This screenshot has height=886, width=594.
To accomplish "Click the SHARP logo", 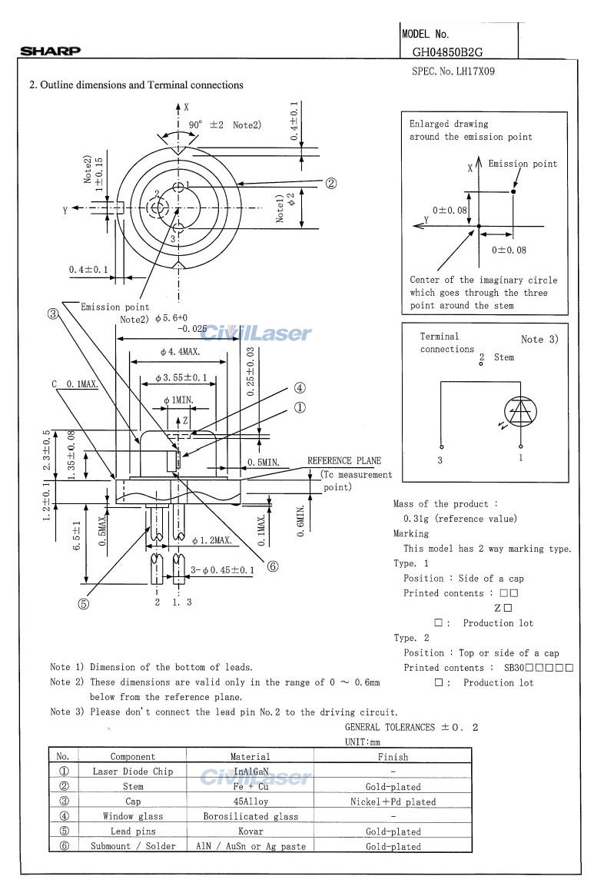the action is (50, 51).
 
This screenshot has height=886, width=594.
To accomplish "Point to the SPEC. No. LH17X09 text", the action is (453, 71).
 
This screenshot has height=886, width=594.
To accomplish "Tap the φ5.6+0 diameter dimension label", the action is (171, 318).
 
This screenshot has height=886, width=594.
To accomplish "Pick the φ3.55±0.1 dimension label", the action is (181, 377).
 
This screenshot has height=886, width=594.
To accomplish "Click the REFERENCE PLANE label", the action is (344, 460).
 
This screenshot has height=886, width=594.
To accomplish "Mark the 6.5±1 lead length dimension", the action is (77, 535).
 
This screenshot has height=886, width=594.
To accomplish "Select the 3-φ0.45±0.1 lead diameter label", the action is (222, 570).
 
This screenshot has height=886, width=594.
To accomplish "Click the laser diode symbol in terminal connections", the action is (520, 411).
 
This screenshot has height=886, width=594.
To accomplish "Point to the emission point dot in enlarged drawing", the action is (513, 191).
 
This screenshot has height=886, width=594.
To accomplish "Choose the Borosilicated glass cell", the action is (251, 817).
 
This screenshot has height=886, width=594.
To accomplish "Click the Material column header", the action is (250, 757).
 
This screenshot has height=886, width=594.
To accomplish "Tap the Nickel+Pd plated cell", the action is (393, 801).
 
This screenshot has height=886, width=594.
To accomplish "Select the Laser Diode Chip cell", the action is (133, 772).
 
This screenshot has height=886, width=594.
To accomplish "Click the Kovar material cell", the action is (251, 831).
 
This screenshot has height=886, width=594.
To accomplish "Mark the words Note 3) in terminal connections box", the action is (539, 339).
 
